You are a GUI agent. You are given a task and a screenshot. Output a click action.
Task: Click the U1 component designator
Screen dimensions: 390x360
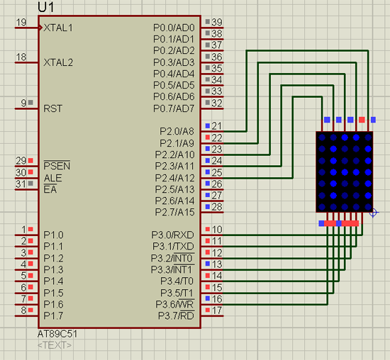[46, 7]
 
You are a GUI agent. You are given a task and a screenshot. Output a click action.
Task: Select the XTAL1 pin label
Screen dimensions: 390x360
[58, 28]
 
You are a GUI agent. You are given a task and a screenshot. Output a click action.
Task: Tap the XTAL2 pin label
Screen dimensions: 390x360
[58, 62]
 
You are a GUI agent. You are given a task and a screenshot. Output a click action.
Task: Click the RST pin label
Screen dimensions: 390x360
[52, 108]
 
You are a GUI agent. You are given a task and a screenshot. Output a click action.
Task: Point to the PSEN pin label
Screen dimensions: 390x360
[57, 166]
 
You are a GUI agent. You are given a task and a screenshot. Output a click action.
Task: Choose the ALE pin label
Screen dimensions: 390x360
[52, 178]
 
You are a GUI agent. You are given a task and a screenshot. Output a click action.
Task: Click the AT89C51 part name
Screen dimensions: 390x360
[57, 334]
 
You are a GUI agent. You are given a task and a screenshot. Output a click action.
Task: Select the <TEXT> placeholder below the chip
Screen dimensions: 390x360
[55, 345]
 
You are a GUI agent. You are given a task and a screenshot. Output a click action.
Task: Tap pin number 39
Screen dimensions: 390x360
[217, 22]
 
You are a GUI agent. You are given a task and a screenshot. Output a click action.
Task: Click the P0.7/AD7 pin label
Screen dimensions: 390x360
[174, 108]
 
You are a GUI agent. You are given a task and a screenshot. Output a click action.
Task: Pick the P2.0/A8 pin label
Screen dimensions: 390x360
[177, 131]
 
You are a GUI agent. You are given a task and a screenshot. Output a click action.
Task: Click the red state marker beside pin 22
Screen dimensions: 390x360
[208, 137]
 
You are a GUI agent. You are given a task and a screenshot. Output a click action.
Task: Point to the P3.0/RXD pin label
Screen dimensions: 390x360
[172, 235]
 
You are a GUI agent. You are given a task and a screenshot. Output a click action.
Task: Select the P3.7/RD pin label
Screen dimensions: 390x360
[176, 315]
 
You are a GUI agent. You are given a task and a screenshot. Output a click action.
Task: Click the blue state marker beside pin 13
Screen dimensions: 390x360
[208, 264]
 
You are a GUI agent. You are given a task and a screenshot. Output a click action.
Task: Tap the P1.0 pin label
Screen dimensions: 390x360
[53, 235]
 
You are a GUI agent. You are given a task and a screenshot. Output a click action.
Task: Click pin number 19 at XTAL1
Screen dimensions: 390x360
[21, 23]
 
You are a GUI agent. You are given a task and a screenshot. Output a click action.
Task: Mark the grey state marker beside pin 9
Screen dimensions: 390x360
[30, 102]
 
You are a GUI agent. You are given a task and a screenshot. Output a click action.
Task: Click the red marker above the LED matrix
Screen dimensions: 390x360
[362, 120]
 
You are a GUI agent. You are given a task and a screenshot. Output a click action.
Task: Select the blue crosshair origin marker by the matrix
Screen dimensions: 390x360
[373, 213]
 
